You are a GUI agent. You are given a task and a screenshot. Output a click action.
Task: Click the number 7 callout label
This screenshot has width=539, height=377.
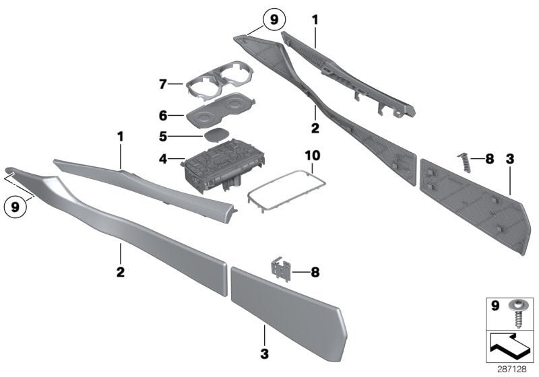point(162,85)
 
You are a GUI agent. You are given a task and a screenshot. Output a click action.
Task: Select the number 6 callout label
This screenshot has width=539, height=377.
point(162,116)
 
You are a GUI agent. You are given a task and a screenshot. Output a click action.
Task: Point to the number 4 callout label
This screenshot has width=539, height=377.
point(162,160)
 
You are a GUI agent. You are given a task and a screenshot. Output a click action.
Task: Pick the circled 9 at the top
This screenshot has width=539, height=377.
point(273,20)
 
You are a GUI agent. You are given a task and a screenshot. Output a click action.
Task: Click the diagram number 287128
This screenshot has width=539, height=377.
point(513,369)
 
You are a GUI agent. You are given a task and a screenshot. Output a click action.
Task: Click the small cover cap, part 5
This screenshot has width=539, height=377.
point(216,135)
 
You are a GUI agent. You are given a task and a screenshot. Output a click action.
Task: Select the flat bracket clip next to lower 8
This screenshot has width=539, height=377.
point(281,271)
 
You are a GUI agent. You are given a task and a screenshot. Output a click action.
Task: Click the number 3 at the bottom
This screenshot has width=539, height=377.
point(265,353)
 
